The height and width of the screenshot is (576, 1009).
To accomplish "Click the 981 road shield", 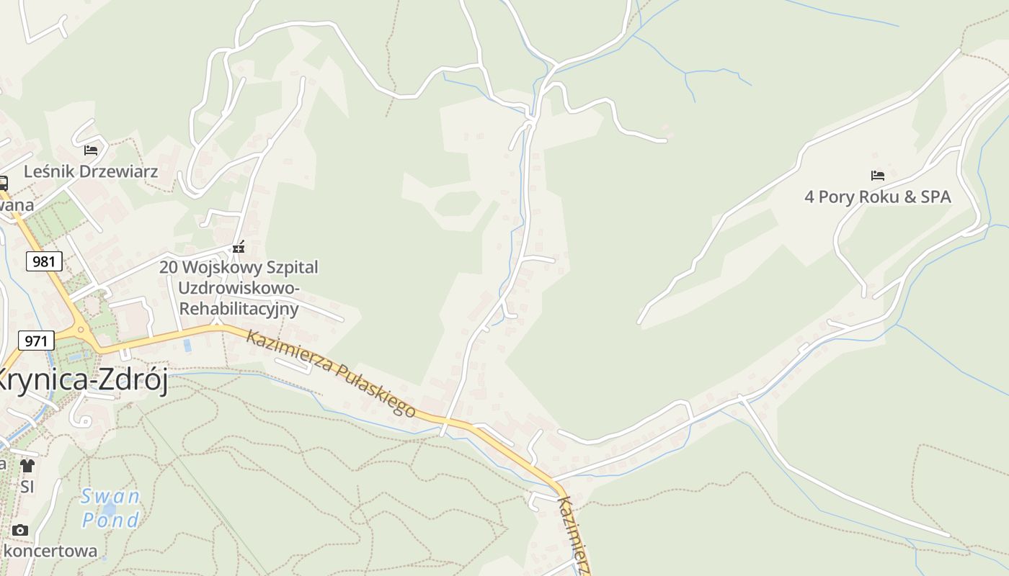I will point(44,261).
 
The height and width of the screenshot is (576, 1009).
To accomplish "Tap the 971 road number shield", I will point(35,341).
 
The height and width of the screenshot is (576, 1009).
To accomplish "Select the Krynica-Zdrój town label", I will point(83,380).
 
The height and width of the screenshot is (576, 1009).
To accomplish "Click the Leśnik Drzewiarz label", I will point(91,172).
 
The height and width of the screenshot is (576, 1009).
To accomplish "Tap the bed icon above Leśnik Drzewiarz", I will point(91,150).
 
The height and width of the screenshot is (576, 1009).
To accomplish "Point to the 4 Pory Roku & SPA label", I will point(877,197).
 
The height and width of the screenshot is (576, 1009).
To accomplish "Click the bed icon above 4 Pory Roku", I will point(877,175).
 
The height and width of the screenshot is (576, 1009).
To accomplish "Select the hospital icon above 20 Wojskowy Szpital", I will point(239,247).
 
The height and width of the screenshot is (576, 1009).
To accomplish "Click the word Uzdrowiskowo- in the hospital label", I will point(239,288).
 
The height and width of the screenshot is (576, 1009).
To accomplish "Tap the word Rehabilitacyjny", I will point(239,309).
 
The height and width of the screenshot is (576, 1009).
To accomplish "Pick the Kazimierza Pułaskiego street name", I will point(331,373).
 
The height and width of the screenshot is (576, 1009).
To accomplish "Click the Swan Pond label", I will point(110,508).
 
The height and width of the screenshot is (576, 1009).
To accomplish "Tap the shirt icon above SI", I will point(27,465).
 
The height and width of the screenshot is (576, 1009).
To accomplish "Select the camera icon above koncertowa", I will point(20,531).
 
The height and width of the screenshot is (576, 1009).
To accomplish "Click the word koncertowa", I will point(50,552).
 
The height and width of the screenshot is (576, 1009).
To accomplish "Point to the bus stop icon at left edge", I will point(3,183).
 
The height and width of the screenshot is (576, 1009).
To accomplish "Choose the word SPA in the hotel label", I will point(935,197).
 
